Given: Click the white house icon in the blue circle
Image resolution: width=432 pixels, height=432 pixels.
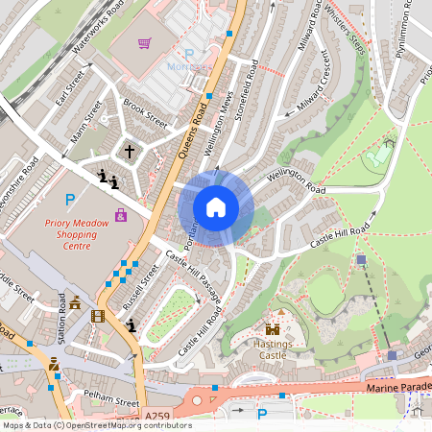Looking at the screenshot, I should (x=216, y=207).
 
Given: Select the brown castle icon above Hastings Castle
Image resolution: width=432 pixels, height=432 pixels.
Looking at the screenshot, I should (x=273, y=329).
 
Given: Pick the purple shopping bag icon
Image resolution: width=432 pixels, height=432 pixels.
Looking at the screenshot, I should (x=120, y=215).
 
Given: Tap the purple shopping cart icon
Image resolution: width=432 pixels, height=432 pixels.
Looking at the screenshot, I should (x=144, y=43).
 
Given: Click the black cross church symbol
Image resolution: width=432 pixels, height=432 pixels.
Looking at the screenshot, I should (x=130, y=151).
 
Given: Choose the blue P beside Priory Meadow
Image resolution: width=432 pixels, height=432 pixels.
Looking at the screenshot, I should (x=69, y=200).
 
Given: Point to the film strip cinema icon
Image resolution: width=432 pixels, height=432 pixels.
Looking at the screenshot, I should (x=97, y=315).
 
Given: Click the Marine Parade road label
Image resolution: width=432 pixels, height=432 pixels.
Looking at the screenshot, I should (x=398, y=388).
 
